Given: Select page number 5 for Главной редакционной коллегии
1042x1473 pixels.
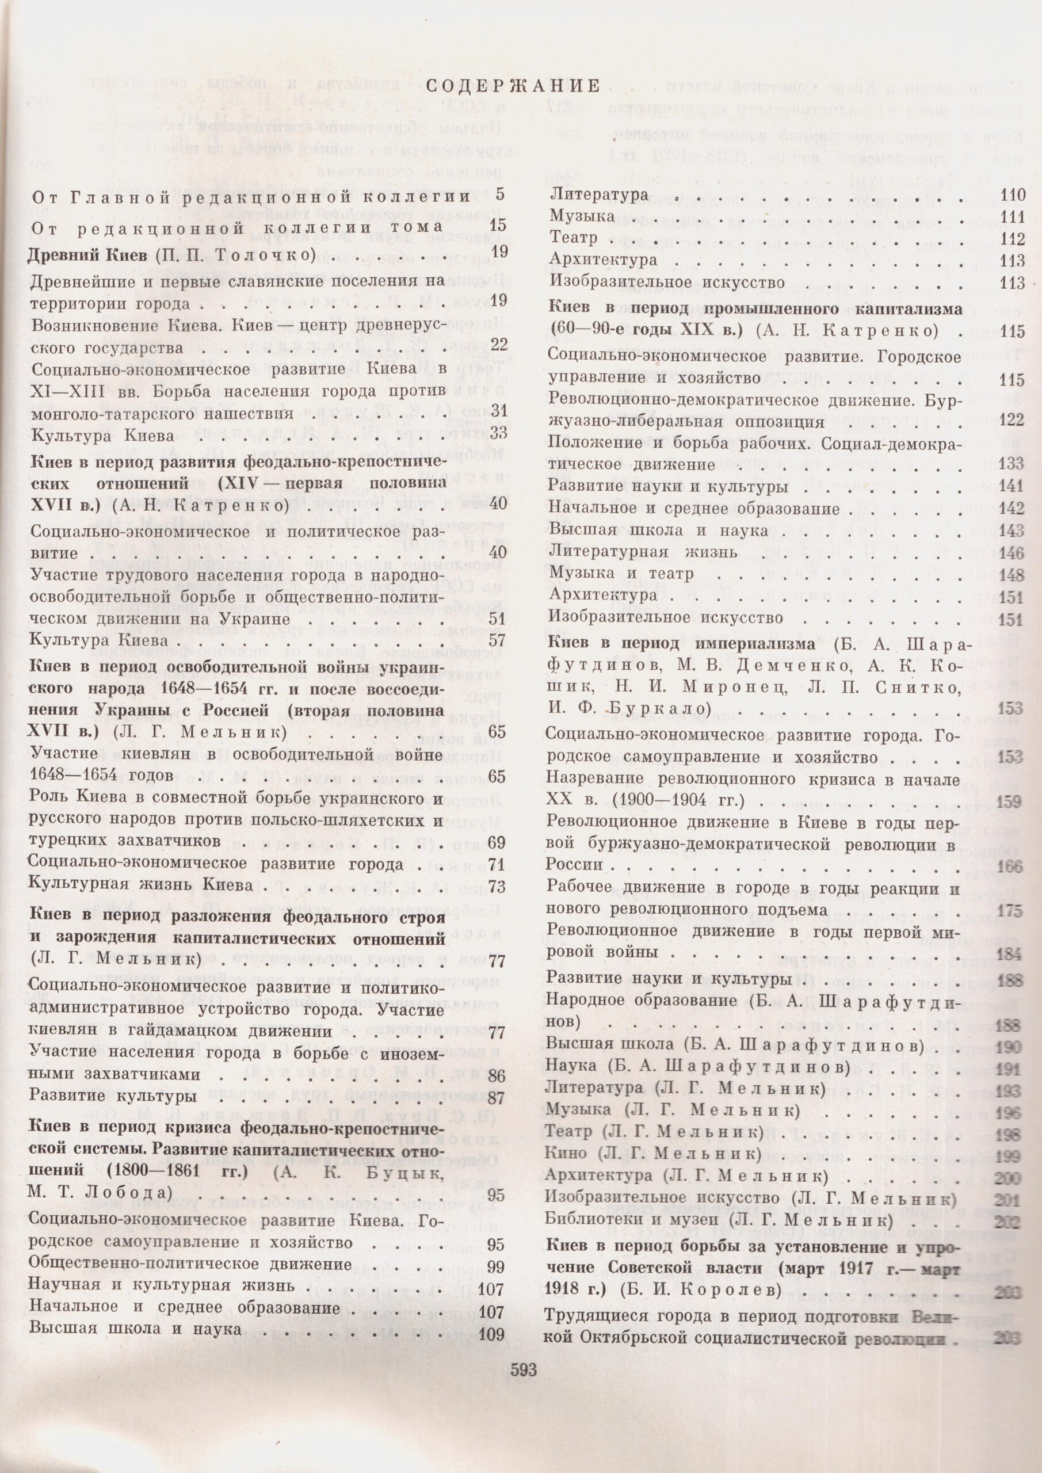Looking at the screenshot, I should (x=501, y=194).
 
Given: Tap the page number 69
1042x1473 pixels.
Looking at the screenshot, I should (x=497, y=842).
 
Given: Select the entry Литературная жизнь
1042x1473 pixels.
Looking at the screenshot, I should (x=643, y=552).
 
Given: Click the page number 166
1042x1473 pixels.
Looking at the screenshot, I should (x=1010, y=866).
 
